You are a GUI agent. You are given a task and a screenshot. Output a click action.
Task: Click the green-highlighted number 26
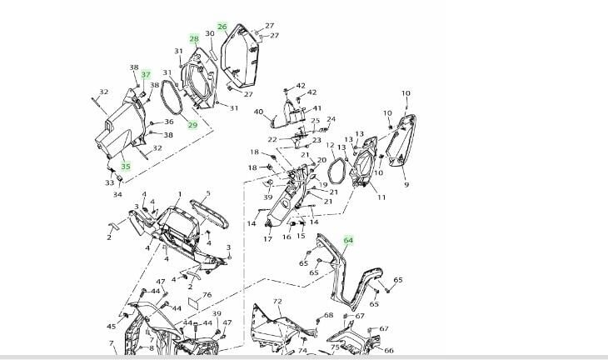point(222,27)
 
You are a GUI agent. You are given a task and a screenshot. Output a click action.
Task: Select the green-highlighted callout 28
point(194,39)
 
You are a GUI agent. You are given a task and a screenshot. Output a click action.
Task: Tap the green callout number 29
point(192,126)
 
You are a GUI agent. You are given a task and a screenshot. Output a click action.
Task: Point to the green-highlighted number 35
point(126,166)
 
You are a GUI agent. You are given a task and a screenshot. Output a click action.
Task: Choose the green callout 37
point(146,75)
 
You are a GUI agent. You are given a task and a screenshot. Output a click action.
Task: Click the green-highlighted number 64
point(348,241)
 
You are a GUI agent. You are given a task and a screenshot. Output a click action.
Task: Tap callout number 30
point(210,34)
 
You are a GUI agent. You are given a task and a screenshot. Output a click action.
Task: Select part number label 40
point(258,112)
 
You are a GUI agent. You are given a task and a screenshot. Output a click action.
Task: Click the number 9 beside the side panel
point(406,185)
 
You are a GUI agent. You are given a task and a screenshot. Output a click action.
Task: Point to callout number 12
point(331,145)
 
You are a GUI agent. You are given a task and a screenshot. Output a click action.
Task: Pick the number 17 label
point(268,239)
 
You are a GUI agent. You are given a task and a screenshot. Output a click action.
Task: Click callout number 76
point(207,295)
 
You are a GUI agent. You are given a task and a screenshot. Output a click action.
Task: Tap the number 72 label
point(277,301)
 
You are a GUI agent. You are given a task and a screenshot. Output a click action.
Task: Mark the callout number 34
point(117,195)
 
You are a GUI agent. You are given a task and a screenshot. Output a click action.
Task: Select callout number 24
point(331,119)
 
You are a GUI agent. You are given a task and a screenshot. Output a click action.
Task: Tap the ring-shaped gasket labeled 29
point(176,100)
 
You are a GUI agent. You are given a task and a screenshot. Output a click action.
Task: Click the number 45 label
point(112,327)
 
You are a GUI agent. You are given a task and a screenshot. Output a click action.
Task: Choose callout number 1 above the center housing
point(178,194)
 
